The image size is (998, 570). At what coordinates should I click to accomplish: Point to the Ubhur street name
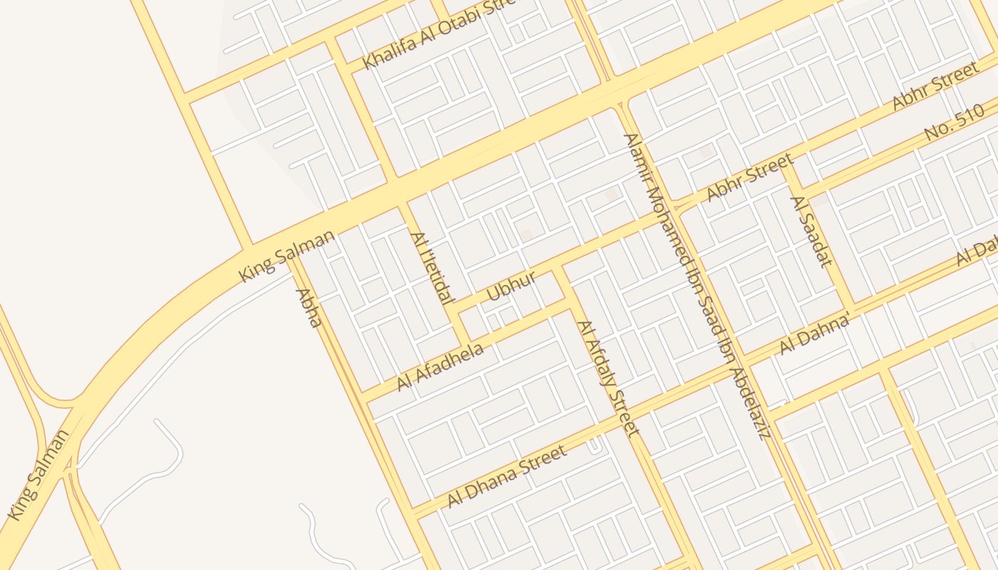point(511,285)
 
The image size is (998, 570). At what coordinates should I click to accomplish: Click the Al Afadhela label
point(441,366)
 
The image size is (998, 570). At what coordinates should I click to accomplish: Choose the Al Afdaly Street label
point(608,378)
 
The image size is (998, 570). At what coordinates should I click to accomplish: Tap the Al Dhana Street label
point(507,476)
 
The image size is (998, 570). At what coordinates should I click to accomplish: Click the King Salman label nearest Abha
point(287,255)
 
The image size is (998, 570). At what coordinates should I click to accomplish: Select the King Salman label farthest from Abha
point(39,474)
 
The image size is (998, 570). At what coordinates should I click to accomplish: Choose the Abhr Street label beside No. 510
point(935,86)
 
